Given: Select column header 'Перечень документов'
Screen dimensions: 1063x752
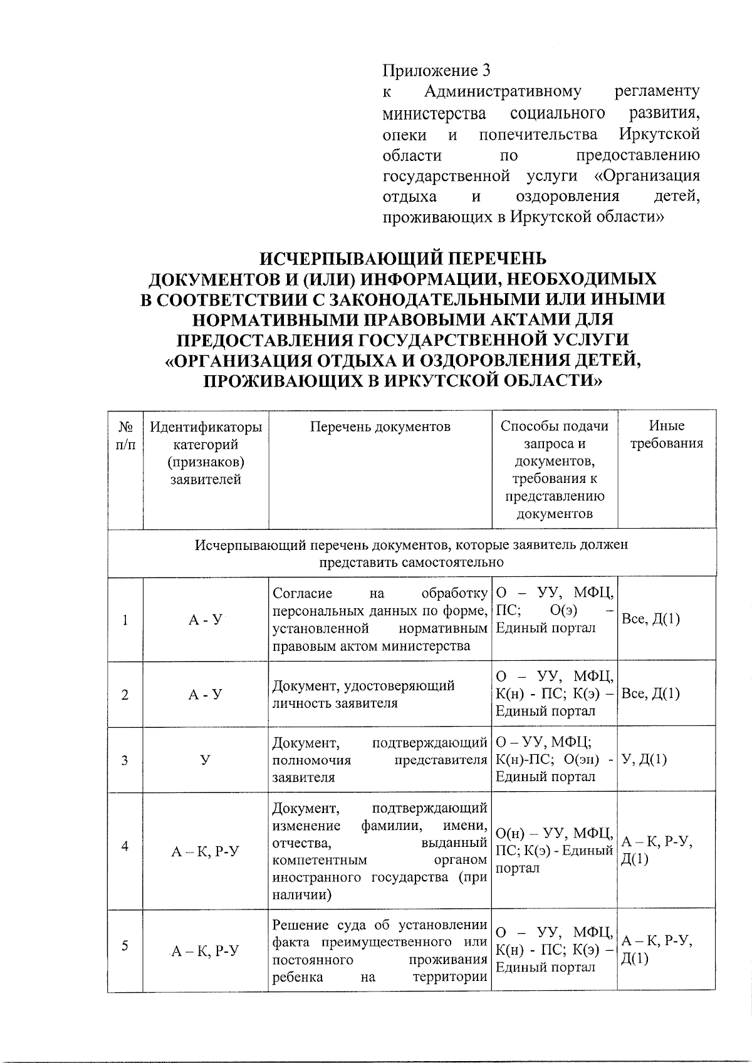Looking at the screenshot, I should click(x=380, y=427).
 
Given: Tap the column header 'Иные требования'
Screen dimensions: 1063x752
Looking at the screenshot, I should click(x=666, y=435).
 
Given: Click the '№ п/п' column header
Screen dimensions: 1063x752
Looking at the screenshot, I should click(x=126, y=435).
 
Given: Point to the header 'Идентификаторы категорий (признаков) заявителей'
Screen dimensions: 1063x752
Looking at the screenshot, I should click(x=206, y=454).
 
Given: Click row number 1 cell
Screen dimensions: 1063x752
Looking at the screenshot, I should click(x=125, y=620).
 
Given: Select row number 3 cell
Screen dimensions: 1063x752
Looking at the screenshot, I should click(x=125, y=760).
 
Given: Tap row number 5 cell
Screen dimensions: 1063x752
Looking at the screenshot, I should click(x=125, y=945).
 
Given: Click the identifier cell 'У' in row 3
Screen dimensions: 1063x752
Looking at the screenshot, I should click(x=205, y=760).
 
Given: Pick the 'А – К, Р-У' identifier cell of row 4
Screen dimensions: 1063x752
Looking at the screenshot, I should click(x=206, y=851).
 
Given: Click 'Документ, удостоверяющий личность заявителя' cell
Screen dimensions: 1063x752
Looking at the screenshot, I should click(x=363, y=694).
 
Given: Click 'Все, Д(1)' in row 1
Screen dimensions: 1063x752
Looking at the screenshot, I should click(x=650, y=620).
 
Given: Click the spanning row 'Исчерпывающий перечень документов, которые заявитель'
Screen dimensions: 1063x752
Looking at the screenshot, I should click(x=411, y=553).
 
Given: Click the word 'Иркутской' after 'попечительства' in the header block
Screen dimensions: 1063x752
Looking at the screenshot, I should click(x=659, y=134).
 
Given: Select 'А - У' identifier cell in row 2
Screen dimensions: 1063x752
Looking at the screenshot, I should click(x=205, y=695).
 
